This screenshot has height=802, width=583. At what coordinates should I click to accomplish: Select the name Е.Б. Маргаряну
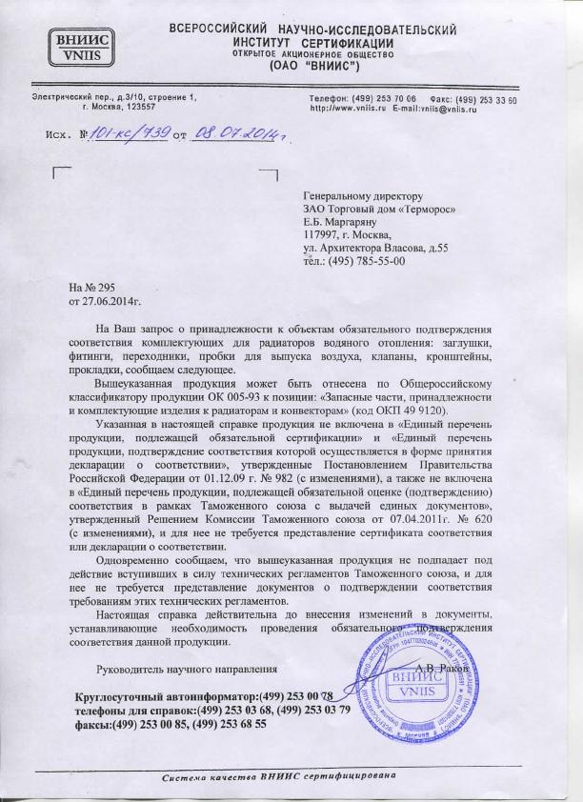pos(343,223)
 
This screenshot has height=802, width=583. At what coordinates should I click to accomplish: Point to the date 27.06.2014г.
pos(111,300)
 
